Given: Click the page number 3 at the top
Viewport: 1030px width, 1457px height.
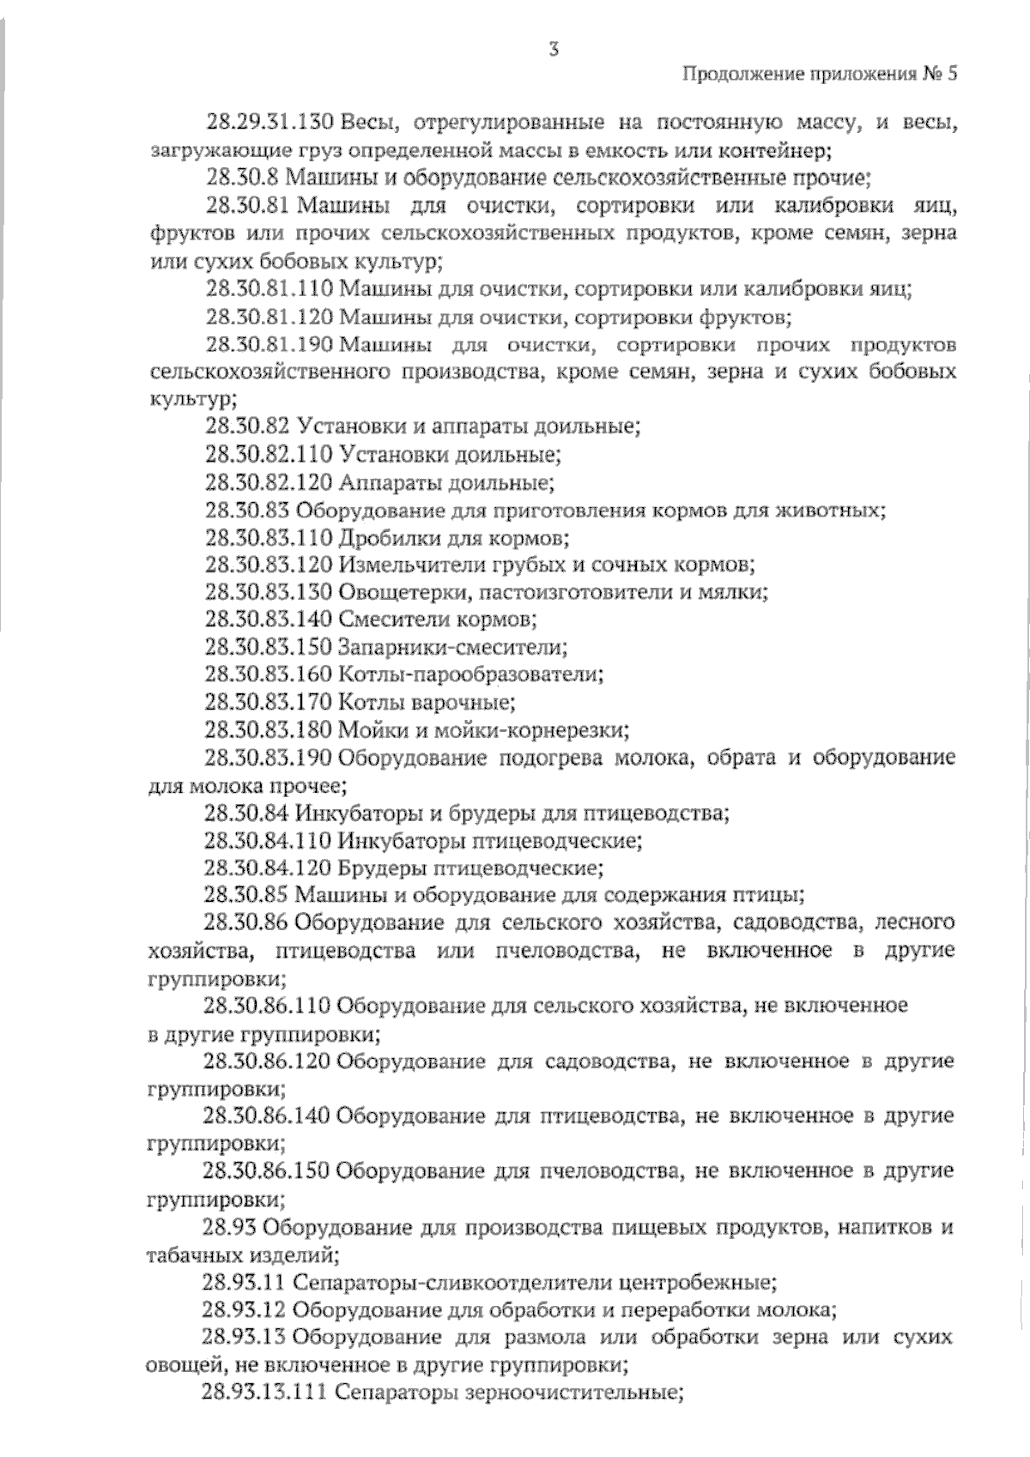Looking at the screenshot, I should click(554, 50).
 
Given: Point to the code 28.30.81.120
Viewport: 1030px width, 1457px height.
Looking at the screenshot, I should click(269, 317).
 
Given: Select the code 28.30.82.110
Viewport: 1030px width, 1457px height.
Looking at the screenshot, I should click(269, 455).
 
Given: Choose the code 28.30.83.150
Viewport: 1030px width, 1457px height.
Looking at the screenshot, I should click(269, 648).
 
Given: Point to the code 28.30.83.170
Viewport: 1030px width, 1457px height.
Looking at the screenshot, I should click(269, 703).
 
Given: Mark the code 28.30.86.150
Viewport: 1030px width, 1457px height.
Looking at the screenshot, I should click(266, 1171).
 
